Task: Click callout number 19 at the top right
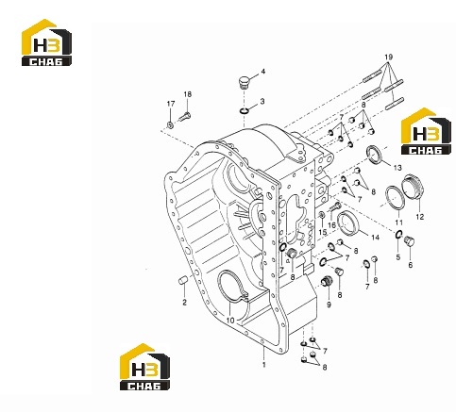[x=389, y=58]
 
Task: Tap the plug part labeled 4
[x=244, y=82]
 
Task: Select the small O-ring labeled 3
[x=244, y=110]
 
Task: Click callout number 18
[x=187, y=94]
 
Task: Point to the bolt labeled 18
[x=185, y=117]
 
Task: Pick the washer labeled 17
[x=170, y=125]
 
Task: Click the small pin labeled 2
[x=183, y=280]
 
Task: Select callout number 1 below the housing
[x=264, y=365]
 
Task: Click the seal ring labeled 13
[x=375, y=155]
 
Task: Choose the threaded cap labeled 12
[x=414, y=187]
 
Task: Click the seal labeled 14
[x=348, y=222]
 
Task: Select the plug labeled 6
[x=410, y=241]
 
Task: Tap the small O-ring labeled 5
[x=398, y=234]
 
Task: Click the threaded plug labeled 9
[x=326, y=281]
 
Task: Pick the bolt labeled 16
[x=335, y=207]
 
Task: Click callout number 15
[x=323, y=232]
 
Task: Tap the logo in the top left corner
[x=46, y=42]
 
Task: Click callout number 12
[x=420, y=217]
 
